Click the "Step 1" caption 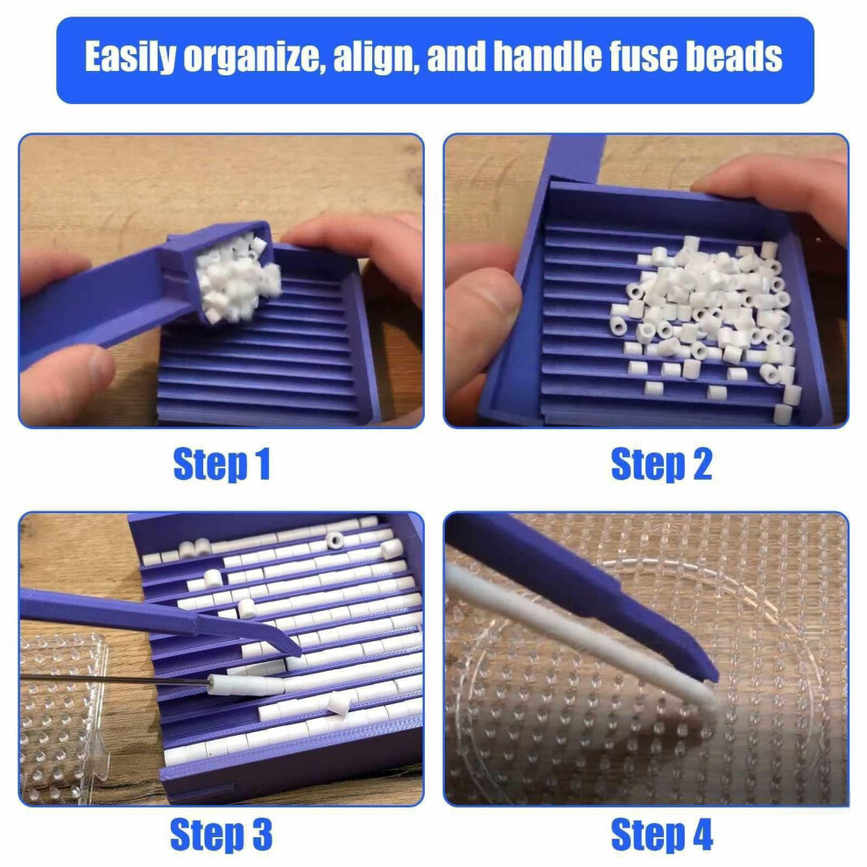pos(222,464)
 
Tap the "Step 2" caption pos(661,464)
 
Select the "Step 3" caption pos(222,834)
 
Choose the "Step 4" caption pos(661,834)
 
